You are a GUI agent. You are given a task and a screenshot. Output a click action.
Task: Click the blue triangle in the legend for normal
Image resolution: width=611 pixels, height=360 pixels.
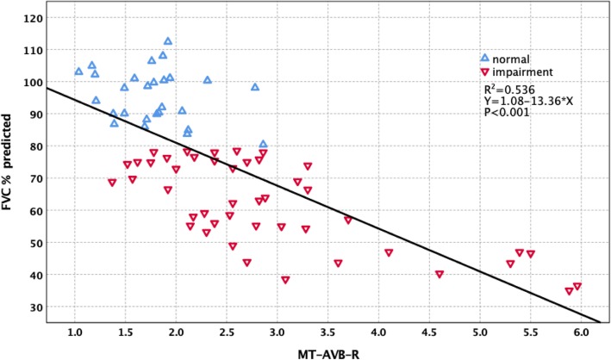[x=484, y=58]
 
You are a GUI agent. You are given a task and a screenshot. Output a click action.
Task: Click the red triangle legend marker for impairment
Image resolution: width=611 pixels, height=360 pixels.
[x=484, y=73]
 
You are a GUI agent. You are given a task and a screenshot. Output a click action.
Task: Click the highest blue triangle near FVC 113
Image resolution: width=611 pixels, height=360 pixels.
[x=168, y=40]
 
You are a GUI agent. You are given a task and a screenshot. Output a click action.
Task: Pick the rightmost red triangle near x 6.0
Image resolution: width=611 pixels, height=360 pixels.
[x=577, y=287]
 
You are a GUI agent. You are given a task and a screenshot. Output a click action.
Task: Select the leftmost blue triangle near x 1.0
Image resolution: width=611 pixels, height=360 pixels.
[x=79, y=71]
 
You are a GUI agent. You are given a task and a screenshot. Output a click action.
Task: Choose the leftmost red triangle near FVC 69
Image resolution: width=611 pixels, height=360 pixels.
[x=112, y=183]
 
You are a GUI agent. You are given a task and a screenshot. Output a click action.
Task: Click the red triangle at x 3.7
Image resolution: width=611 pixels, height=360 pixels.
[x=348, y=220]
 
